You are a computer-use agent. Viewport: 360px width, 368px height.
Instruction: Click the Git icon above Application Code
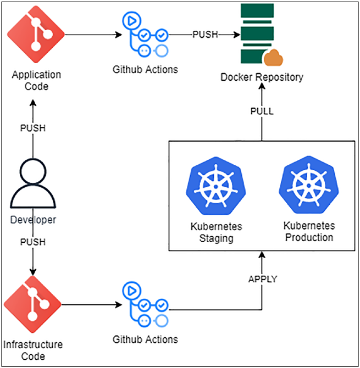36,34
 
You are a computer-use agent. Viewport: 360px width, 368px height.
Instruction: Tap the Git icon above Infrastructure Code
32,304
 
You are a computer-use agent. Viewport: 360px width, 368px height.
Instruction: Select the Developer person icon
33,183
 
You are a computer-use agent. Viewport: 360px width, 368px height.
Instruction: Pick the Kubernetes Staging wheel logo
216,186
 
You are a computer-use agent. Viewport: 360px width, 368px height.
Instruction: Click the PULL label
262,111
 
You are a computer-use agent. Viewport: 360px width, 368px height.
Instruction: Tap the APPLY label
263,279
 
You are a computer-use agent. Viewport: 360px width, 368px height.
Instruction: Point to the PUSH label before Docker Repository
205,35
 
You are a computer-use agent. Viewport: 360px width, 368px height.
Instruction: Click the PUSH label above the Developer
33,128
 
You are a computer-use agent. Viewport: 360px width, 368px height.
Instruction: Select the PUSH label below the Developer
33,242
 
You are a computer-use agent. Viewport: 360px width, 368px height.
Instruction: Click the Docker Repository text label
262,77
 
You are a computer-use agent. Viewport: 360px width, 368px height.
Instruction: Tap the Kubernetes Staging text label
217,232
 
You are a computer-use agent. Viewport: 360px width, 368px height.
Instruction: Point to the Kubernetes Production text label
309,231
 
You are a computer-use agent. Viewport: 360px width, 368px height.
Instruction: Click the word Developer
33,220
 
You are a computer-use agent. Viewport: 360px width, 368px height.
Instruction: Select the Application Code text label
36,80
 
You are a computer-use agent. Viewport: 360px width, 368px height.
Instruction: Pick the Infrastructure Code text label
33,350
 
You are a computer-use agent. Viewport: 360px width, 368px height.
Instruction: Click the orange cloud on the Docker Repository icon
273,58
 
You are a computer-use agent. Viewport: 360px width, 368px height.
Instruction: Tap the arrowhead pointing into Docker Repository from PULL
262,86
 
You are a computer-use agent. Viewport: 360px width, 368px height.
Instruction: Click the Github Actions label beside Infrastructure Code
145,339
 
